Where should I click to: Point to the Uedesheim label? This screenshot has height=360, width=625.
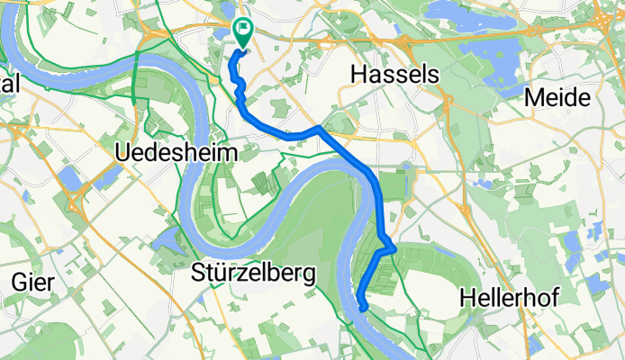pyautogui.click(x=177, y=154)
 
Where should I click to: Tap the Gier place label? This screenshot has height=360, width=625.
pyautogui.click(x=30, y=282)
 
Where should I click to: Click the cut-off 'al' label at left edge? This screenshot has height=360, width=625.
pyautogui.click(x=9, y=83)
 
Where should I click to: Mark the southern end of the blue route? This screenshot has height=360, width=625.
pyautogui.click(x=362, y=307)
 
